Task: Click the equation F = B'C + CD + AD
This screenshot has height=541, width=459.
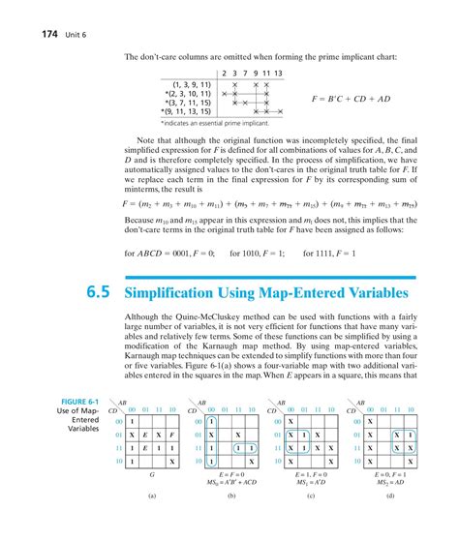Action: [x=355, y=98]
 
